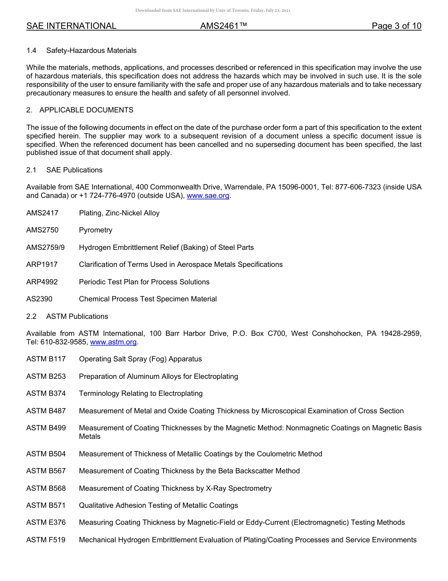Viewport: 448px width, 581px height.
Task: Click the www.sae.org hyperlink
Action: [208, 196]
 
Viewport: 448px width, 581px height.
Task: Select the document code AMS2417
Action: [42, 213]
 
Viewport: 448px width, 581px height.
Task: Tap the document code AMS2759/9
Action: [46, 248]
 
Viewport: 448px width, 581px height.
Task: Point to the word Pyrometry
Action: [96, 230]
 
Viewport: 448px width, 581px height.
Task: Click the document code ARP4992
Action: [42, 282]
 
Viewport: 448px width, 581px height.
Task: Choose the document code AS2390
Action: [39, 299]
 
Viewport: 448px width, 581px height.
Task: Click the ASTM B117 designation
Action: [46, 359]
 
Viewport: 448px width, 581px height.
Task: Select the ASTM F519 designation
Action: [46, 540]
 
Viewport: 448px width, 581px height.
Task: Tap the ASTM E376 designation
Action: [46, 522]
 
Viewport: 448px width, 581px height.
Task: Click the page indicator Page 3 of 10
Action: [396, 26]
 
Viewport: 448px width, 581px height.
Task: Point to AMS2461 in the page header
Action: [224, 26]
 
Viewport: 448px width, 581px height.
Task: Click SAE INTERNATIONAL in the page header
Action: [71, 26]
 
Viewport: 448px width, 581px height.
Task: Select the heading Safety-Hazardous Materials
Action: [91, 51]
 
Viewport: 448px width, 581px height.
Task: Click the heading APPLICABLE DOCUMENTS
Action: [86, 110]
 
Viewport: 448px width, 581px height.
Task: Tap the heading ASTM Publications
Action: [77, 316]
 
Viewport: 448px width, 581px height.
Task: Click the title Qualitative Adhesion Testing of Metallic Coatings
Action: [158, 505]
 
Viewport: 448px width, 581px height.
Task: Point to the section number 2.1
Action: [31, 170]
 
